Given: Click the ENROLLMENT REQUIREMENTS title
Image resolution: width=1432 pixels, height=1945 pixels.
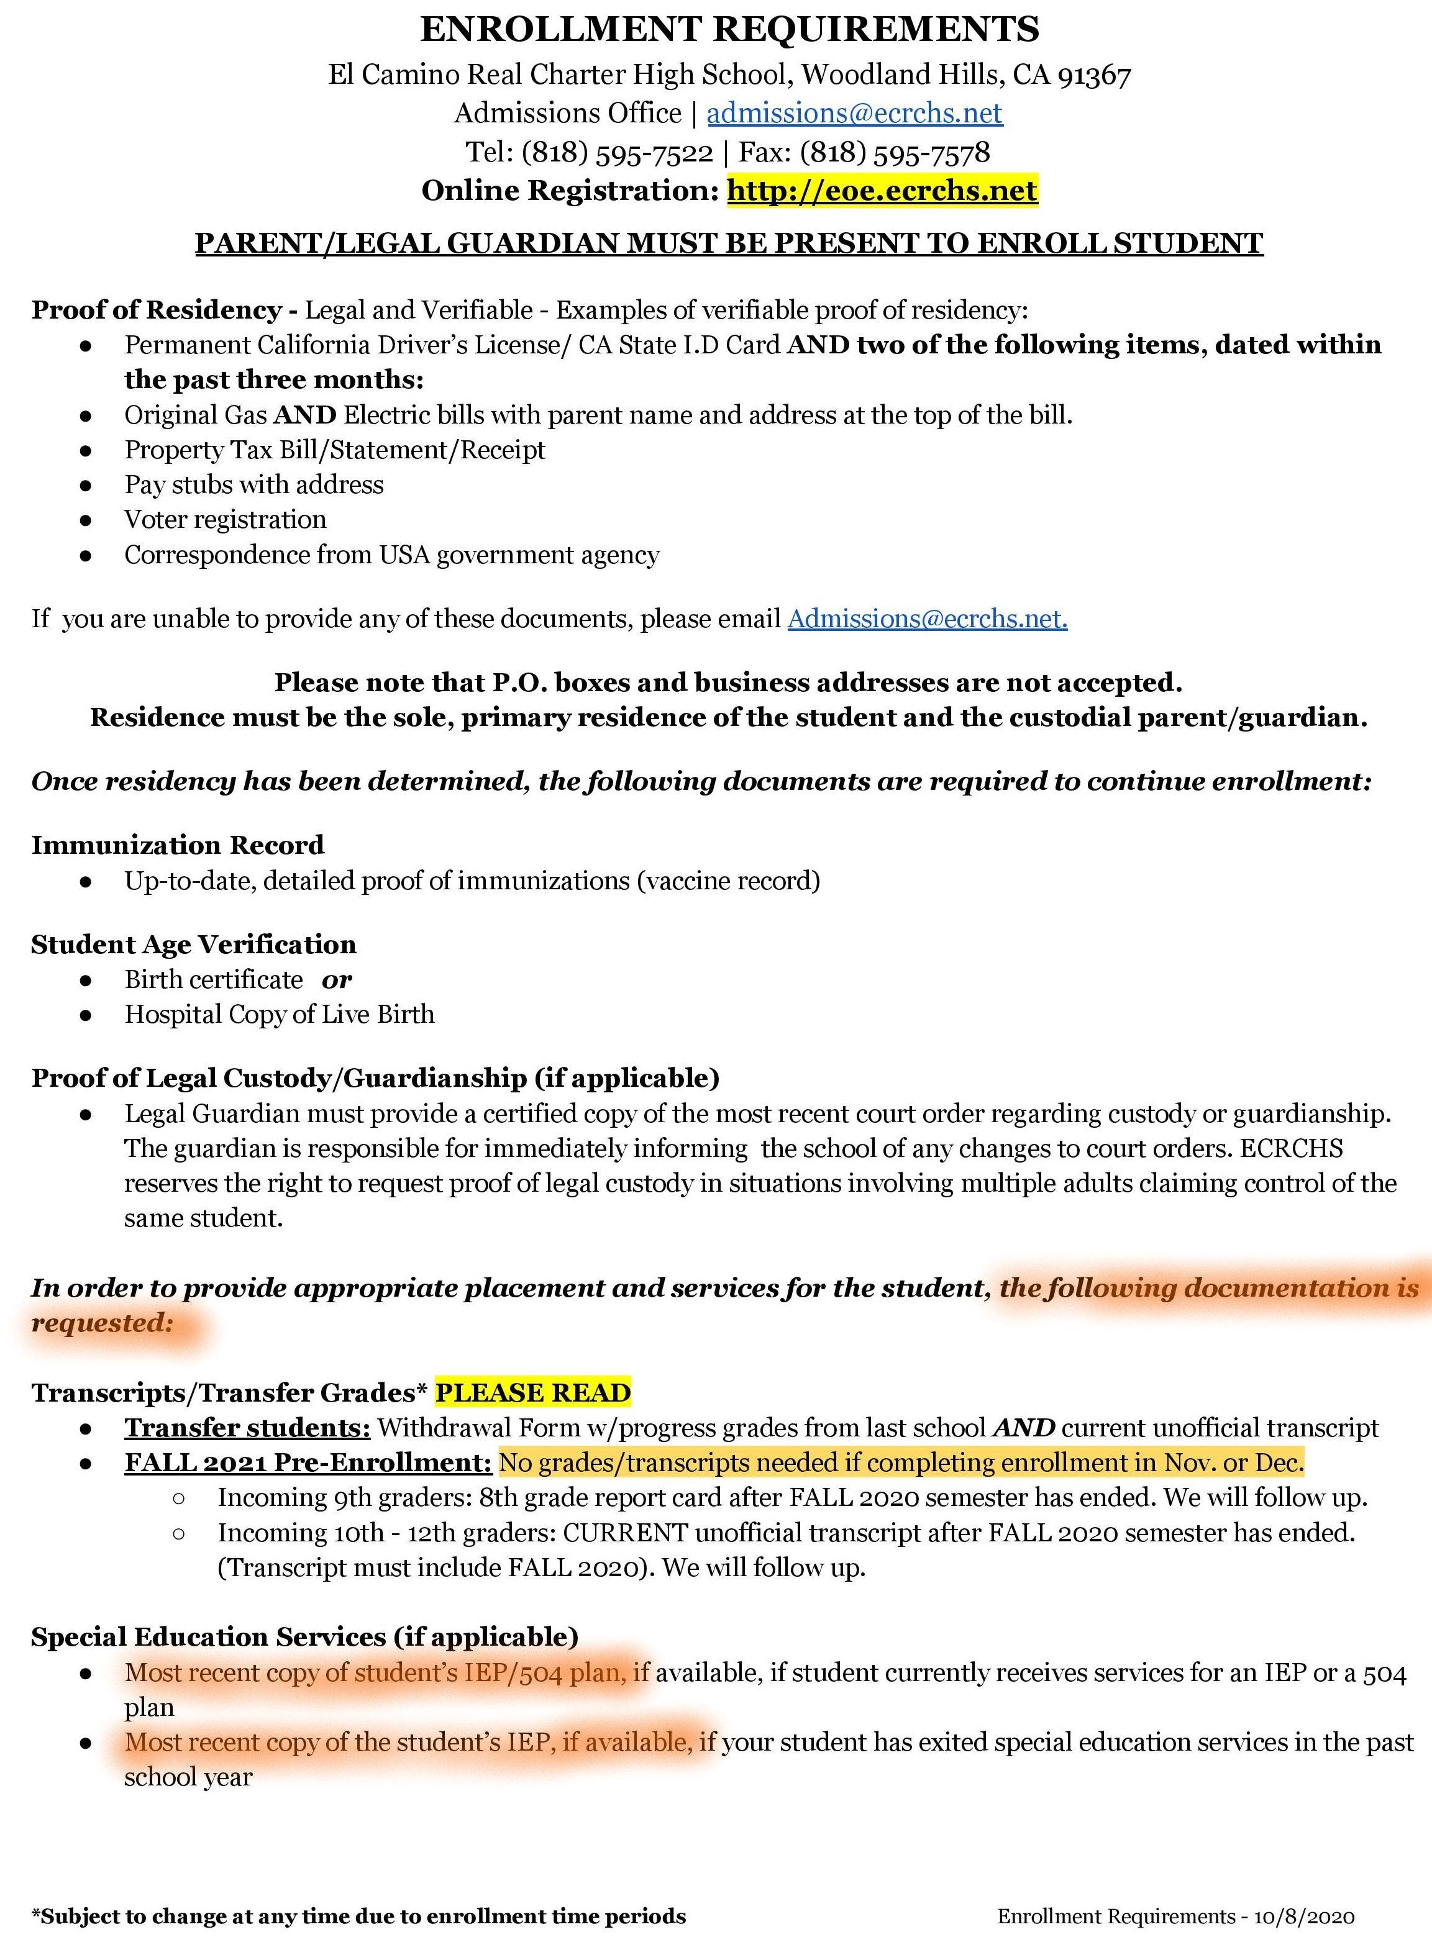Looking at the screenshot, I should pos(729,29).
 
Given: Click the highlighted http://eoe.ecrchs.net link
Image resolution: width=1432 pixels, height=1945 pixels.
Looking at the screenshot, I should pos(882,191).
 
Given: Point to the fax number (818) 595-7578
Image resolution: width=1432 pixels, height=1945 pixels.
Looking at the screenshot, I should pos(894,153).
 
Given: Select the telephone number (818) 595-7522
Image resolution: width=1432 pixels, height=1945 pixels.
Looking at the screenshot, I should pos(616,153).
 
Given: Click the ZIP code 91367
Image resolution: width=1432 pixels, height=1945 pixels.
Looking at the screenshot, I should pos(1094,75).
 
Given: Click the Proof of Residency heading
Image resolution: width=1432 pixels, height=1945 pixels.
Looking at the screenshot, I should pos(156,310).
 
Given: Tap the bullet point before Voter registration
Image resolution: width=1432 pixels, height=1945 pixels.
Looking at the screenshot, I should pos(85,520).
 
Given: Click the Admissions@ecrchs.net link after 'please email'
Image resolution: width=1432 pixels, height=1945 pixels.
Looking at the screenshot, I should pos(927,619).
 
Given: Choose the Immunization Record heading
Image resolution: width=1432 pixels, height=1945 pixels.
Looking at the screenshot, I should pos(178,845).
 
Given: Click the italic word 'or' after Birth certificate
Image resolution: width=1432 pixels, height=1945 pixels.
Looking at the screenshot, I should pos(336,980).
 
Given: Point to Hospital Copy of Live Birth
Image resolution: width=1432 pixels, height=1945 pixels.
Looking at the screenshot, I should pos(279,1015).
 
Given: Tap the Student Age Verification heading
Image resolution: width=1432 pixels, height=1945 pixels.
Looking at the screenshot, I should pos(193,945).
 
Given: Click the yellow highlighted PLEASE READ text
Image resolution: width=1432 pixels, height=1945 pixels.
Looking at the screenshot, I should pos(532,1393).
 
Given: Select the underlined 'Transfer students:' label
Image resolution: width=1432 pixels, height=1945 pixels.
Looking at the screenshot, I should pos(247,1428).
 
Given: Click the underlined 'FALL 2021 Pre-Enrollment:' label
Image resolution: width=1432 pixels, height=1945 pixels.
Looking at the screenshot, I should pos(308,1462).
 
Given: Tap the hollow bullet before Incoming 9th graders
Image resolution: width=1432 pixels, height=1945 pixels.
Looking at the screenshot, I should pos(178,1498).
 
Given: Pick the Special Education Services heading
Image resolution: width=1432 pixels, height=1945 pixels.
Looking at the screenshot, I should pos(304,1636).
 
